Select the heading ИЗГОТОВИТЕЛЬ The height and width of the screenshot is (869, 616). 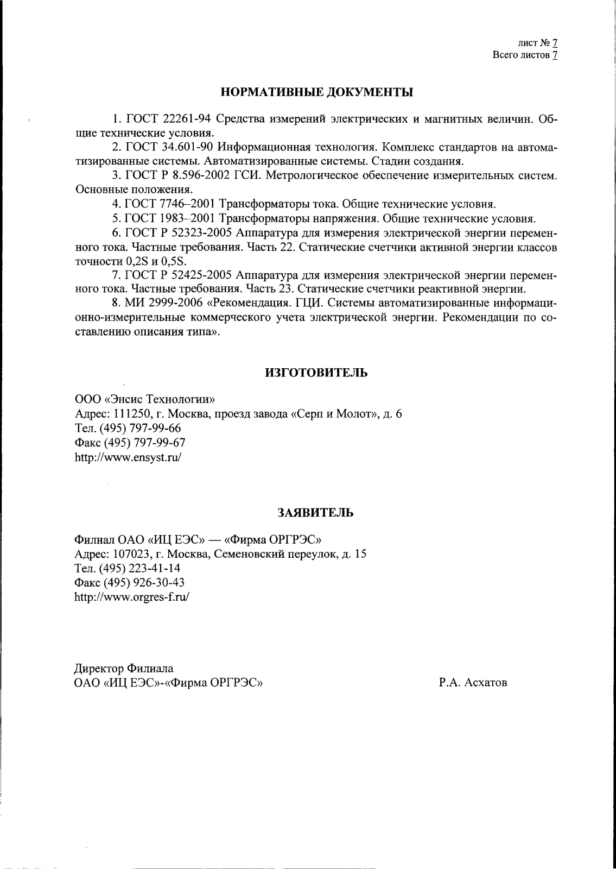tap(316, 373)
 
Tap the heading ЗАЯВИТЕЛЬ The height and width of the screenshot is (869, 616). tap(315, 512)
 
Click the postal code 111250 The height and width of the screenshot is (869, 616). tap(131, 414)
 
